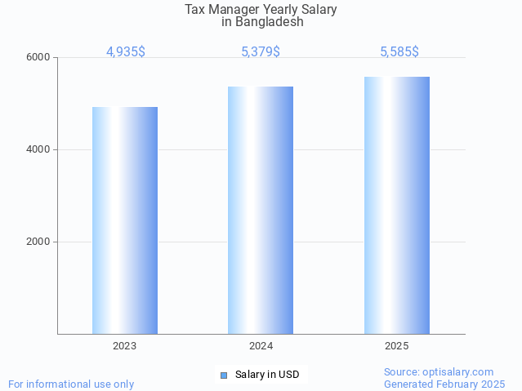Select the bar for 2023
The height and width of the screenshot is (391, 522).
(125, 220)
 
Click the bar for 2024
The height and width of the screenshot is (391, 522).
(261, 210)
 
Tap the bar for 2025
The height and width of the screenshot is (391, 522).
(397, 205)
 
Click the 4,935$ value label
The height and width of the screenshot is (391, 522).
(125, 52)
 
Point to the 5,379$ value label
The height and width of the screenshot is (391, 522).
(261, 52)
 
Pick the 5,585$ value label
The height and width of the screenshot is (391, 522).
(399, 52)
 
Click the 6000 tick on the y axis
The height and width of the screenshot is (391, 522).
(39, 58)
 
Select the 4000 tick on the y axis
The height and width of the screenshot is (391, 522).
(39, 150)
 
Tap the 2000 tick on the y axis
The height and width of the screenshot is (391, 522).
(39, 242)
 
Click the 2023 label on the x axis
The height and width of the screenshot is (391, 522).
(125, 346)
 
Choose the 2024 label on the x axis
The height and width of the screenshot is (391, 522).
(261, 346)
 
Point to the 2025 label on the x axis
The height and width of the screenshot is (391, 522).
(397, 346)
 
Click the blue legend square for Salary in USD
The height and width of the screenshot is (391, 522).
(223, 375)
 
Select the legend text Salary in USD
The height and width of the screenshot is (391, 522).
(267, 375)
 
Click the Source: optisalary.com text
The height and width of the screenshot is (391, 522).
(439, 372)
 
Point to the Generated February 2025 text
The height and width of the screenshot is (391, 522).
(444, 384)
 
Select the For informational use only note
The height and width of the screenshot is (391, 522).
(71, 384)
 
